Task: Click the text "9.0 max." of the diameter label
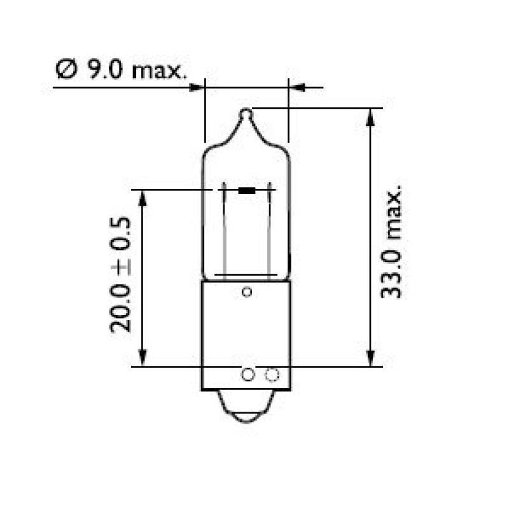(x=137, y=69)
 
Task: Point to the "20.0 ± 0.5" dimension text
(x=120, y=274)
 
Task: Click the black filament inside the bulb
(x=247, y=190)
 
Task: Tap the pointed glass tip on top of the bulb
(x=247, y=115)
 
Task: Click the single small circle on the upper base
(x=247, y=292)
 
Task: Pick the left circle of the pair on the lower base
(x=248, y=375)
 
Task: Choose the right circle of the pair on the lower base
(x=272, y=375)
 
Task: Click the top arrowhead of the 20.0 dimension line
(x=143, y=197)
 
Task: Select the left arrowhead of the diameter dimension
(x=197, y=87)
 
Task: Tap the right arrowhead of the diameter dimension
(x=296, y=87)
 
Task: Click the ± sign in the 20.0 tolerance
(x=120, y=265)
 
